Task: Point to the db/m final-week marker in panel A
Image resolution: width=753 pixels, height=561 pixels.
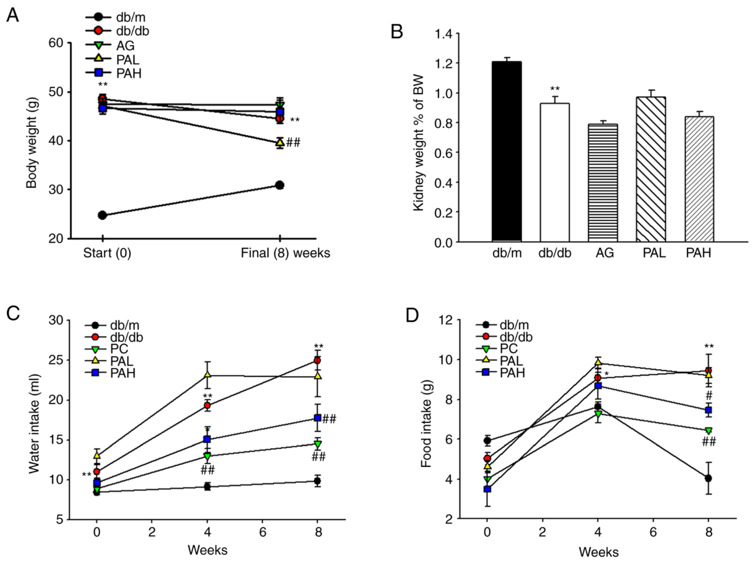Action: click(279, 185)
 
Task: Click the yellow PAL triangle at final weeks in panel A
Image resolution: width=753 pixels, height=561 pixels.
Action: click(279, 142)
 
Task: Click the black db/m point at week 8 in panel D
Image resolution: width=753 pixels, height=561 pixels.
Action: click(708, 478)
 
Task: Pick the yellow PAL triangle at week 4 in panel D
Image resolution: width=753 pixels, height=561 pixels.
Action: click(598, 362)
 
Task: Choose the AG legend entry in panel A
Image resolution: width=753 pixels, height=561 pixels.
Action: click(116, 45)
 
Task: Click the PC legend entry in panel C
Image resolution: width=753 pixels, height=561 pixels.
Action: click(112, 349)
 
